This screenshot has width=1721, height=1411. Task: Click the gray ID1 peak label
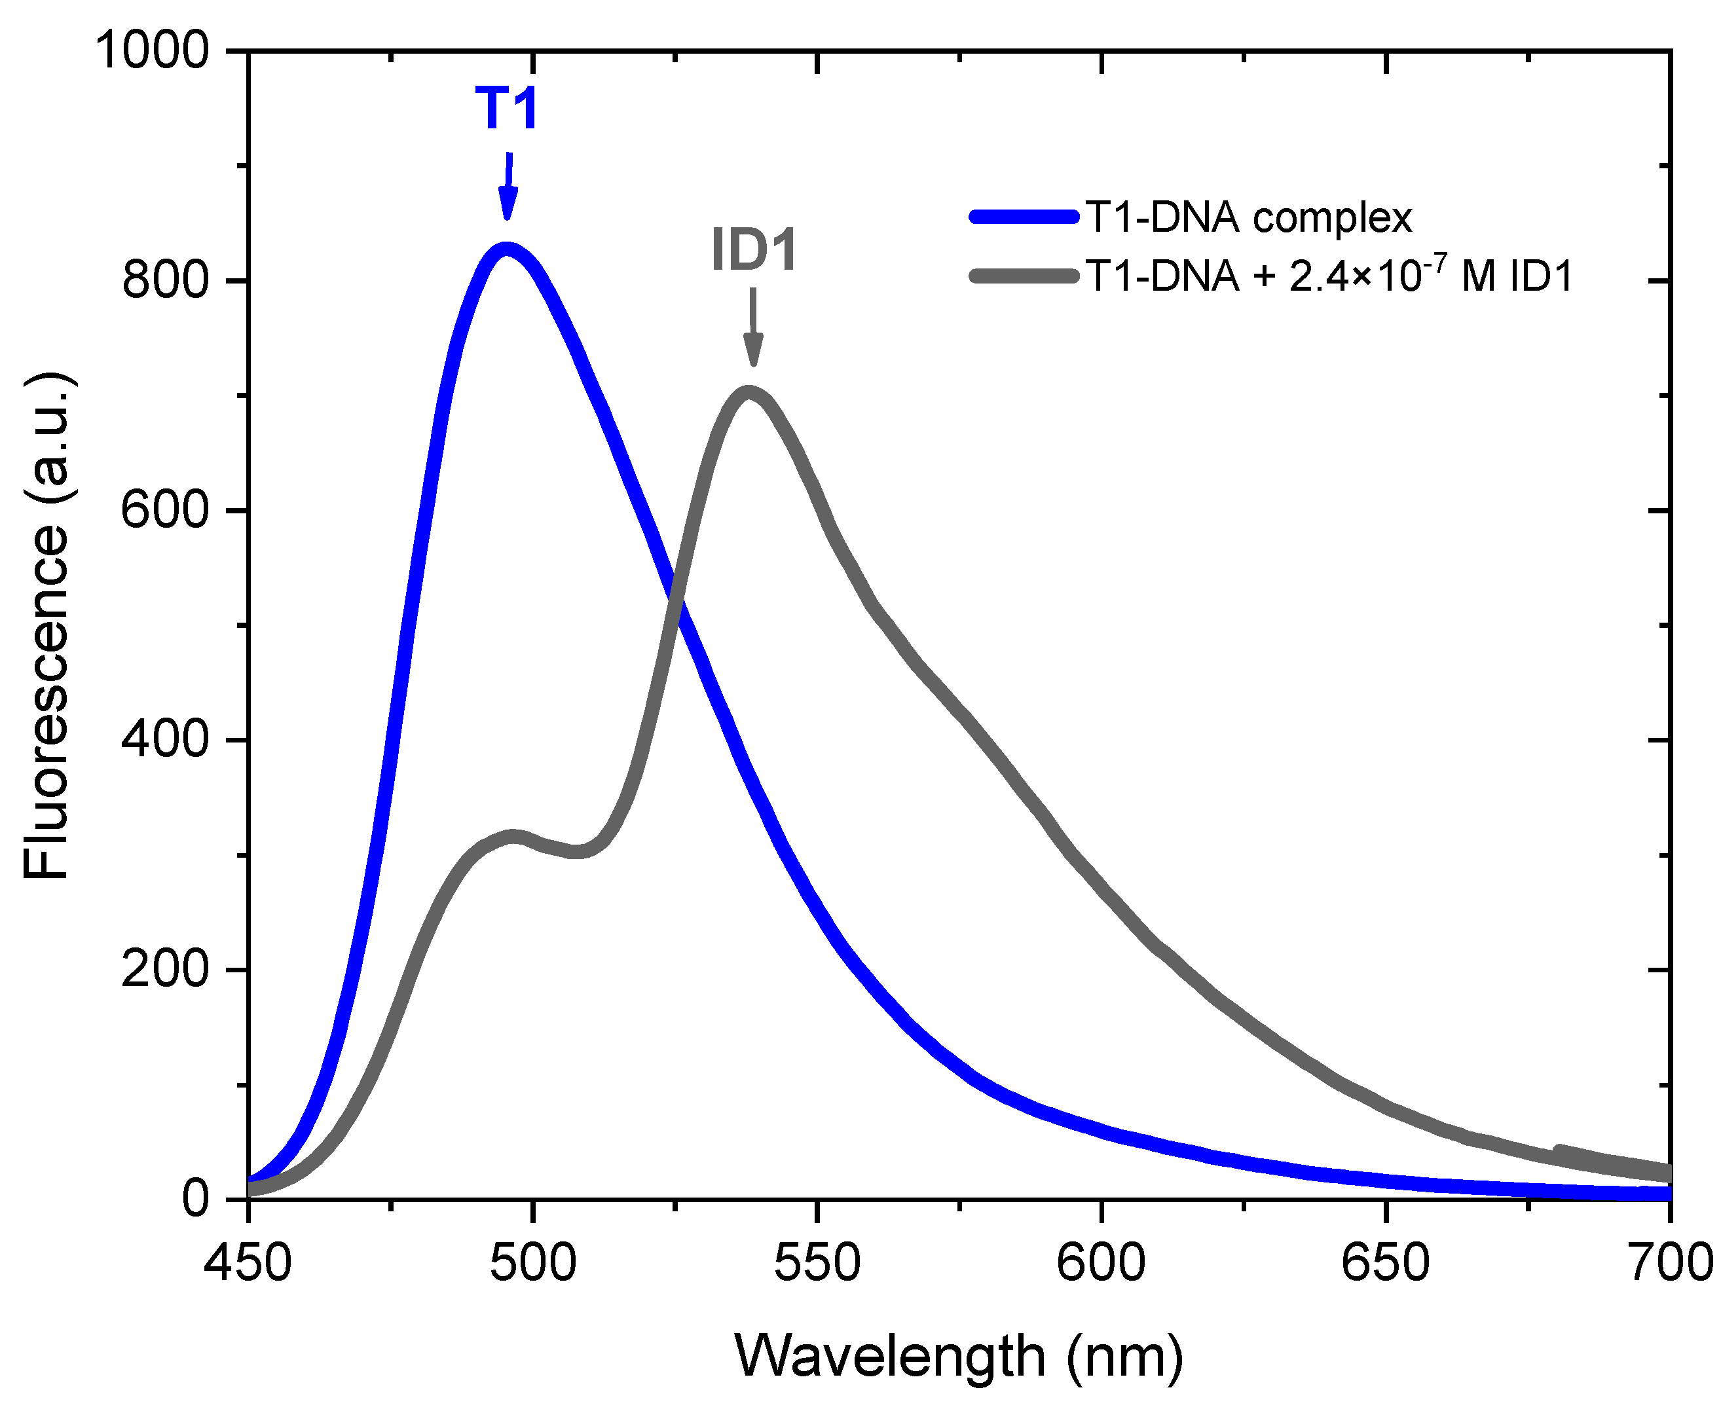(x=754, y=249)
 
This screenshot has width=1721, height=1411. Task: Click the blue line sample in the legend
(x=1024, y=217)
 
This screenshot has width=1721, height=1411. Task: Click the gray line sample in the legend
(x=1024, y=276)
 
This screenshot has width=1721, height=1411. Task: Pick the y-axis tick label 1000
(x=153, y=50)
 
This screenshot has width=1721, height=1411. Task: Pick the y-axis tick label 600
(x=165, y=511)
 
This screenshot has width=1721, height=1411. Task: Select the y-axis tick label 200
(x=165, y=970)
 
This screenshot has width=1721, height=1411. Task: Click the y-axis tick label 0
(x=195, y=1199)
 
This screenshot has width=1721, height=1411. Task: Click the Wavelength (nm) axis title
(x=959, y=1356)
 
